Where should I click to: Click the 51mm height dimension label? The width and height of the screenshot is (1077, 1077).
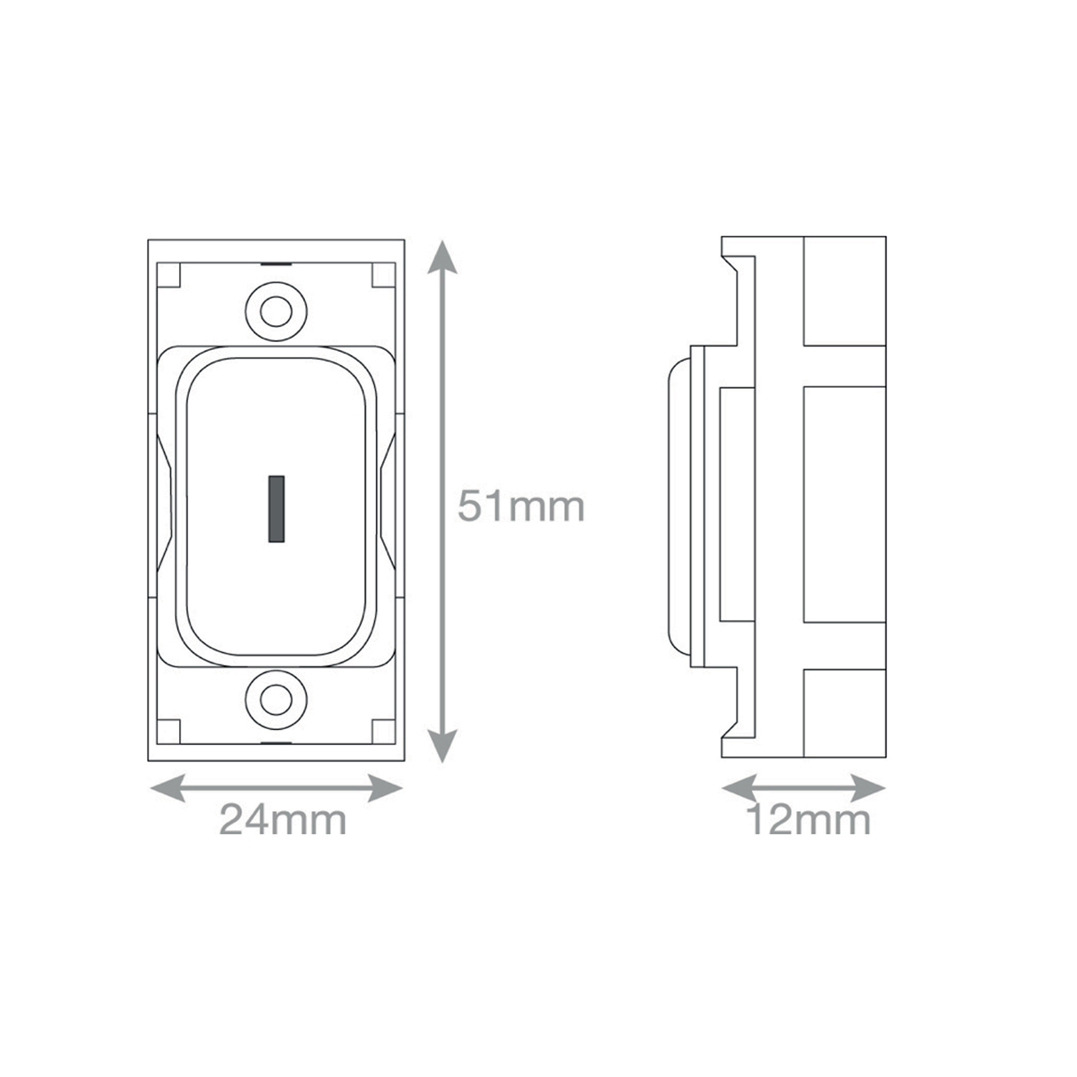(521, 506)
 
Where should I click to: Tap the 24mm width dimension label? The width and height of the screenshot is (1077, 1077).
(283, 820)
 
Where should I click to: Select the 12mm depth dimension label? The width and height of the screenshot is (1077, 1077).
(808, 820)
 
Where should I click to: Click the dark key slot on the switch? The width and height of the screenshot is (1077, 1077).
(276, 509)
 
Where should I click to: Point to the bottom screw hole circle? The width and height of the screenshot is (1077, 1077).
(276, 700)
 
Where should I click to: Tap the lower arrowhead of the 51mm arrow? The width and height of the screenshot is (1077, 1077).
(442, 746)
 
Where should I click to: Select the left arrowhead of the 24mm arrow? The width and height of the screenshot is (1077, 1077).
(167, 788)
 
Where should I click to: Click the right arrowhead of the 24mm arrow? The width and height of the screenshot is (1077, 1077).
(385, 788)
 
